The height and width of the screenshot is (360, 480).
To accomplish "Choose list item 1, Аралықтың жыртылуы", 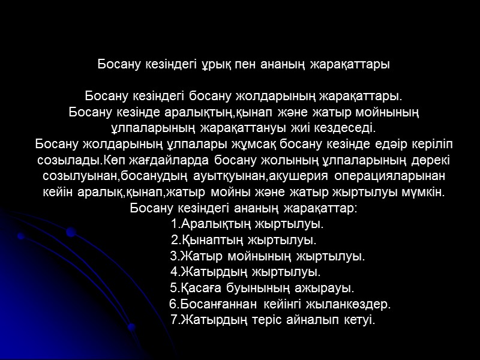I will point(247,224).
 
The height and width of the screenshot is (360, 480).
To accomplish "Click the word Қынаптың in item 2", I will point(207,241).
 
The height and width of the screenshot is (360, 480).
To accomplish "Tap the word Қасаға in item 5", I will point(200,288).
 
